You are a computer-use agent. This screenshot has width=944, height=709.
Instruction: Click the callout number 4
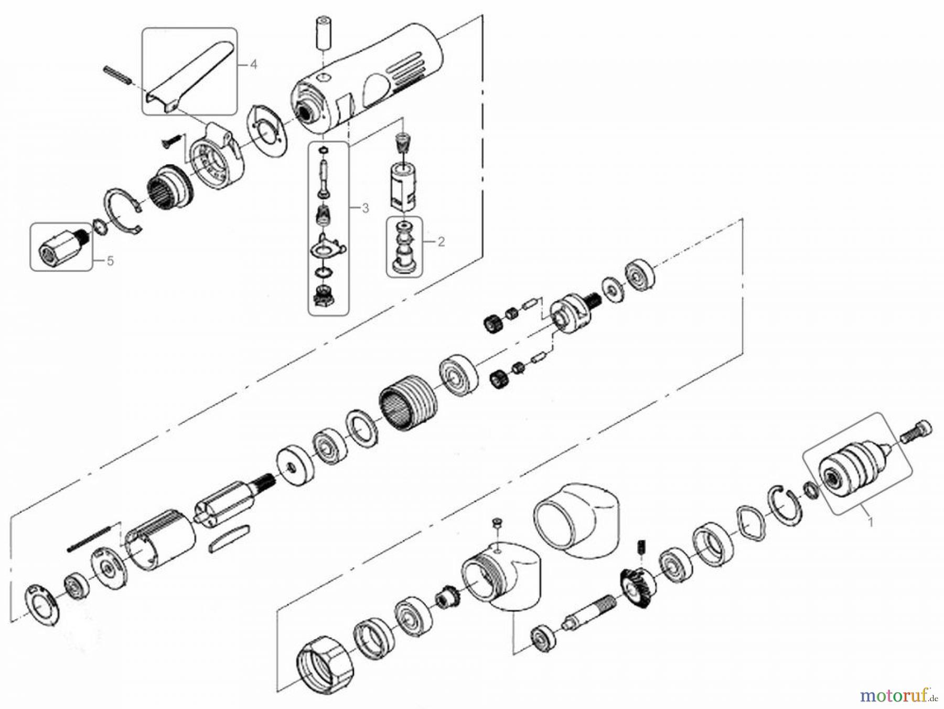click(x=253, y=65)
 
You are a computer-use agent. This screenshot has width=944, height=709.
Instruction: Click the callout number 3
click(x=365, y=208)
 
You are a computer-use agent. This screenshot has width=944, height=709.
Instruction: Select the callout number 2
click(x=441, y=242)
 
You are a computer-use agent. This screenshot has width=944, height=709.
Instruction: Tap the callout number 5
click(x=110, y=261)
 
